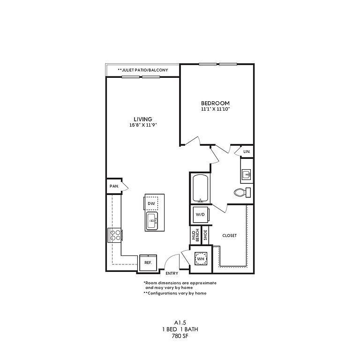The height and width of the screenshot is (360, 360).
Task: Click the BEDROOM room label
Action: [215, 103]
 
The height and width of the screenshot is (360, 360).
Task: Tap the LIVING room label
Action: [143, 119]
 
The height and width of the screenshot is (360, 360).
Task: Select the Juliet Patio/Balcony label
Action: [143, 70]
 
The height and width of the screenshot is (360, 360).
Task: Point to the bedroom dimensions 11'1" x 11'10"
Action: [215, 109]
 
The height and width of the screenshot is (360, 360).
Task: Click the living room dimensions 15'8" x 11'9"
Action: [143, 125]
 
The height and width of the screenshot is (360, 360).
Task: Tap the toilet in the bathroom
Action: [242, 192]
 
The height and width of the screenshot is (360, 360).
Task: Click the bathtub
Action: [201, 189]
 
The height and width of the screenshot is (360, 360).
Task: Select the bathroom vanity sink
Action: [247, 174]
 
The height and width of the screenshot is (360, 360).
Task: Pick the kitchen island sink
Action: [152, 221]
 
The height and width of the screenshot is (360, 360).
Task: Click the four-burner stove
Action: [115, 235]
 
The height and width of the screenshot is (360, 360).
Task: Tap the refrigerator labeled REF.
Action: [148, 262]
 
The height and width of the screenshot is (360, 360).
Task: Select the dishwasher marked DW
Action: [151, 203]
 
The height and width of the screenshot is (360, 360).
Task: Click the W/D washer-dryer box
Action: [201, 215]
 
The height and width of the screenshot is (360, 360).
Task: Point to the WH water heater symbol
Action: [201, 259]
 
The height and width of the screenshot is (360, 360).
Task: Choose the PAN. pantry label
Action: [114, 186]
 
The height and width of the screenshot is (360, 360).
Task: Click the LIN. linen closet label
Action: [247, 151]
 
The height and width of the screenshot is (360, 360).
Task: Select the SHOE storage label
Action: [205, 235]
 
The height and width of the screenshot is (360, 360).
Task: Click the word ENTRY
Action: [172, 273]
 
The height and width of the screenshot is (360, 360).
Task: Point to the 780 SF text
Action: [180, 336]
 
